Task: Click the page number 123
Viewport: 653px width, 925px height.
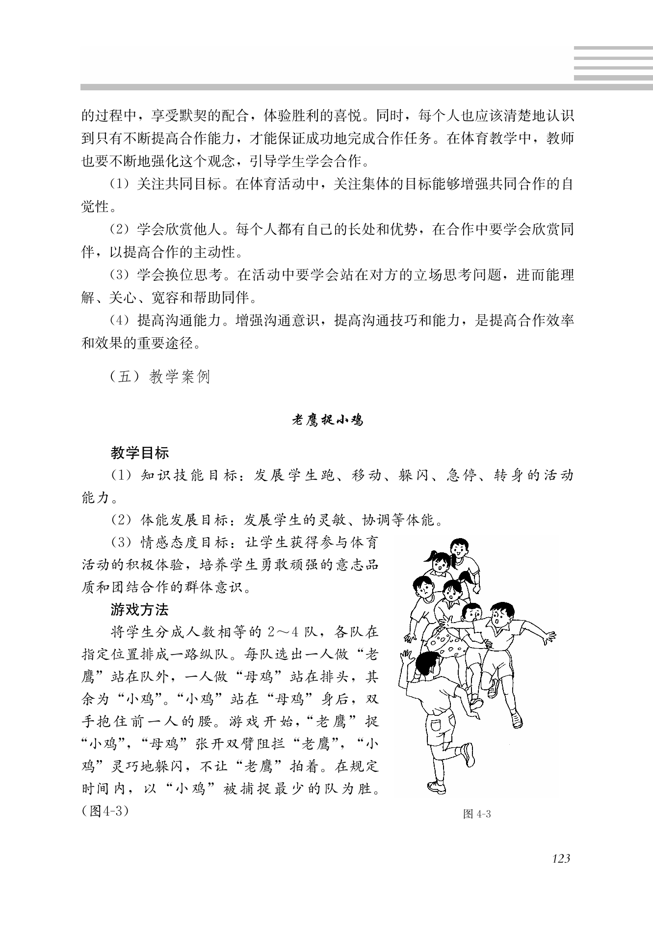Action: [561, 858]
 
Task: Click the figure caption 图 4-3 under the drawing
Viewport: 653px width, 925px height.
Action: [477, 815]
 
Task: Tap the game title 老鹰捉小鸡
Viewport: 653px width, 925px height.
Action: [327, 420]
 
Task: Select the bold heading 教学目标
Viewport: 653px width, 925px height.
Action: [140, 453]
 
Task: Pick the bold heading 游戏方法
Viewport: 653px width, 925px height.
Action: [140, 610]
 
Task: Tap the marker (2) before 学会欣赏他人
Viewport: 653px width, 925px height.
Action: [119, 230]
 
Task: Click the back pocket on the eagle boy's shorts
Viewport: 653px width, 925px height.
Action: [436, 726]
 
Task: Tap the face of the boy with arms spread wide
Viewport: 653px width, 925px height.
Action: [499, 619]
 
